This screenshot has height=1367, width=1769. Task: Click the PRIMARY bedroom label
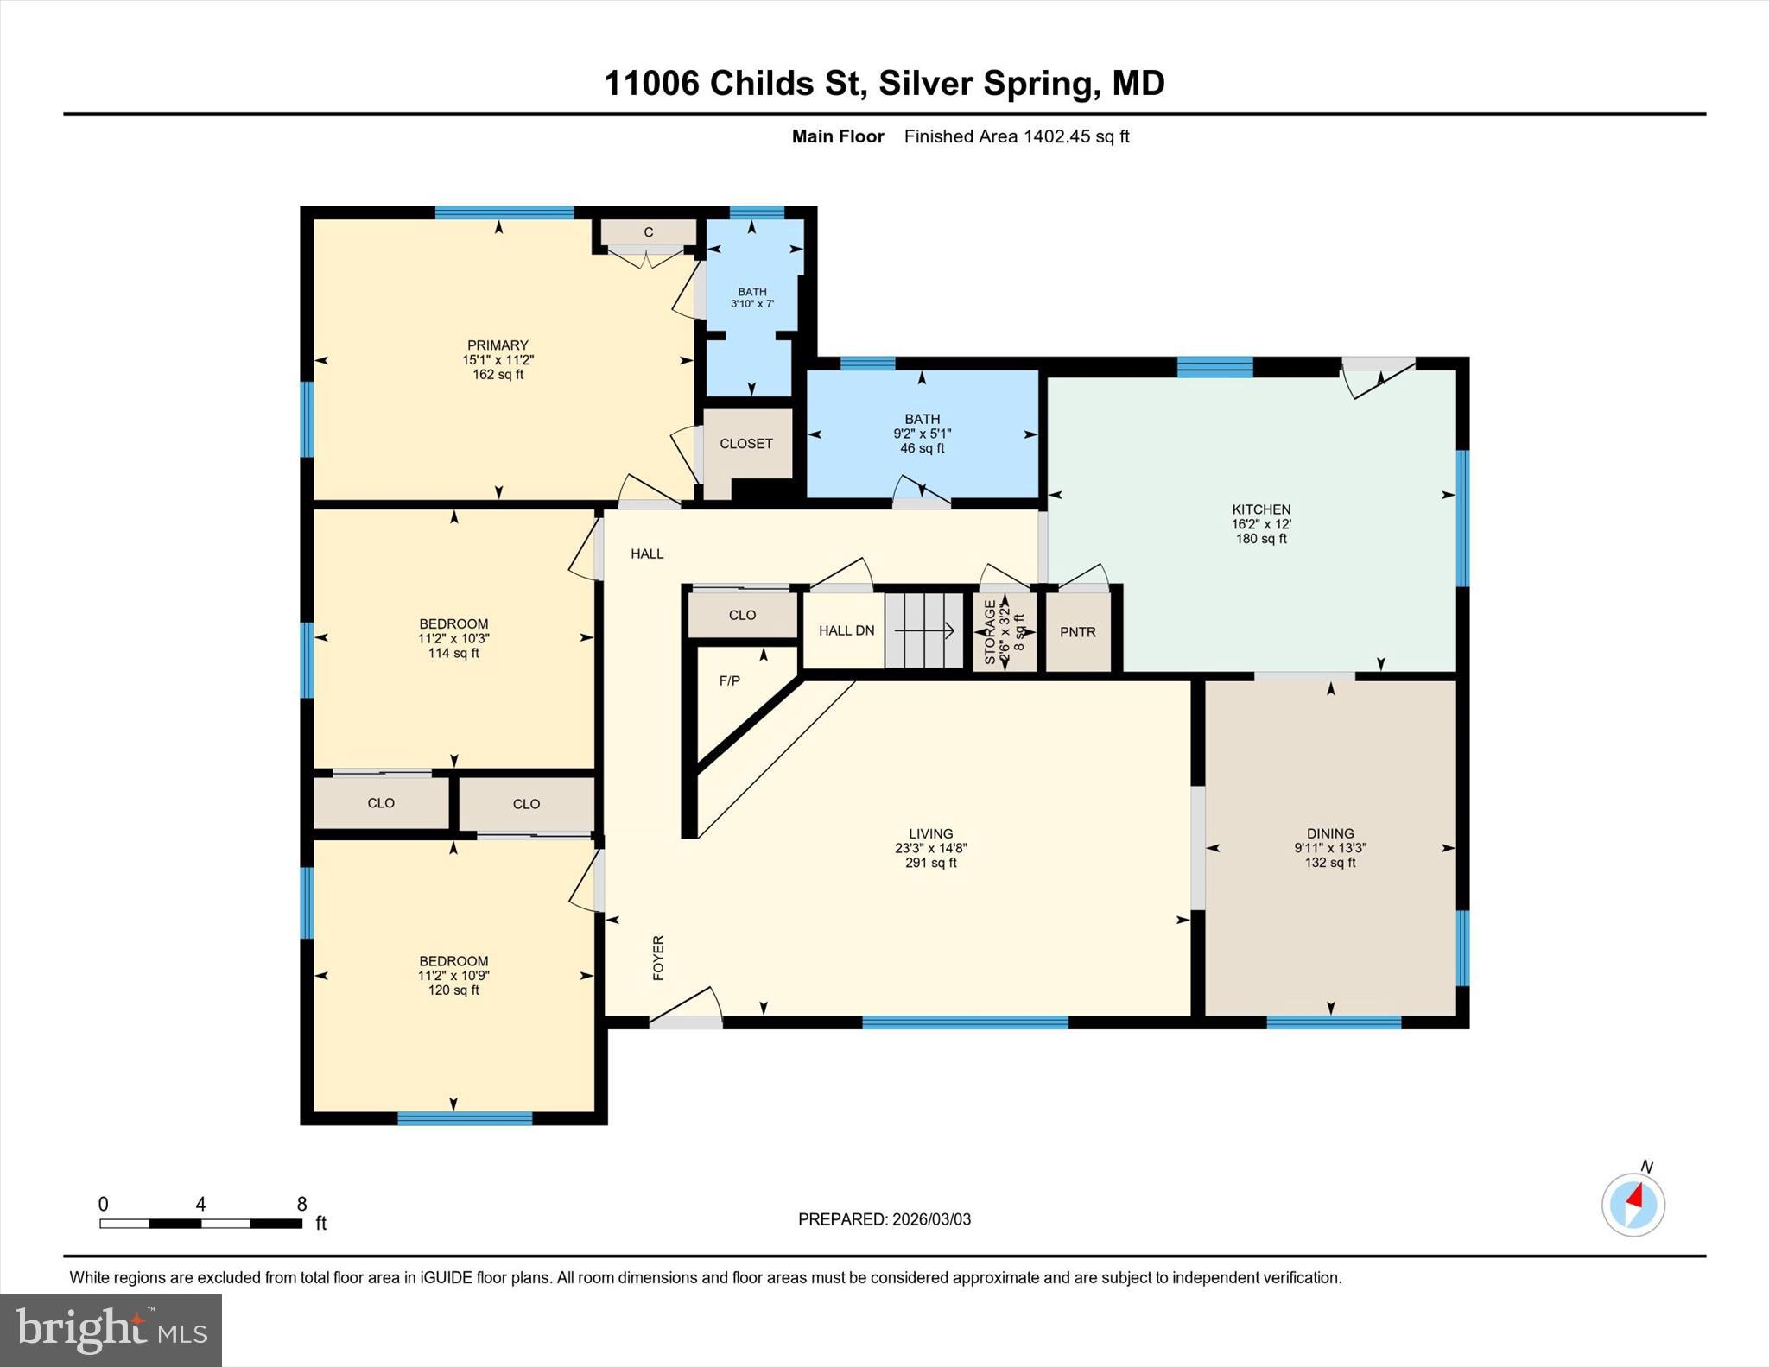pyautogui.click(x=498, y=345)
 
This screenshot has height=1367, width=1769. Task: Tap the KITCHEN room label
pyautogui.click(x=1261, y=509)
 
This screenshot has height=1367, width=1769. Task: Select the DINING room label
pyautogui.click(x=1329, y=833)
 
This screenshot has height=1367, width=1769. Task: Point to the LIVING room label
pyautogui.click(x=930, y=833)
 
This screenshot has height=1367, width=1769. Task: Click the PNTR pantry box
pyautogui.click(x=1078, y=632)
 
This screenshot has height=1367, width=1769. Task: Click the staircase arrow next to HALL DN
pyautogui.click(x=924, y=631)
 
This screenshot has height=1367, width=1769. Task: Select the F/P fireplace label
pyautogui.click(x=730, y=680)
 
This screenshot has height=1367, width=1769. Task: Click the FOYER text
pyautogui.click(x=658, y=958)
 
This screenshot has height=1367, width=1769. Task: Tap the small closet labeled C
pyautogui.click(x=648, y=232)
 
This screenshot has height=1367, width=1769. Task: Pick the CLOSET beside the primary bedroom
pyautogui.click(x=746, y=444)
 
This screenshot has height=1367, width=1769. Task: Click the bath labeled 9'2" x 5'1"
pyautogui.click(x=922, y=434)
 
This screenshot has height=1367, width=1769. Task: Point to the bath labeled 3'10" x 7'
pyautogui.click(x=752, y=298)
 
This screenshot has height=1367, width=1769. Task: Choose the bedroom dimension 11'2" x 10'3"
pyautogui.click(x=453, y=638)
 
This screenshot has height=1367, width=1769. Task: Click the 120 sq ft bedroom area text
pyautogui.click(x=453, y=990)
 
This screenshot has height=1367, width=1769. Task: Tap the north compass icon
pyautogui.click(x=1633, y=1204)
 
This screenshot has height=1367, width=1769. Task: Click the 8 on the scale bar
pyautogui.click(x=301, y=1204)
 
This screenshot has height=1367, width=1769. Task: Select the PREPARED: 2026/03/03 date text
pyautogui.click(x=884, y=1219)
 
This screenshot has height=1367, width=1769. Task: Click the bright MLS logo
pyautogui.click(x=111, y=1330)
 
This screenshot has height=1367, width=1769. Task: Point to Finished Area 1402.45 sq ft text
pyautogui.click(x=1017, y=136)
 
